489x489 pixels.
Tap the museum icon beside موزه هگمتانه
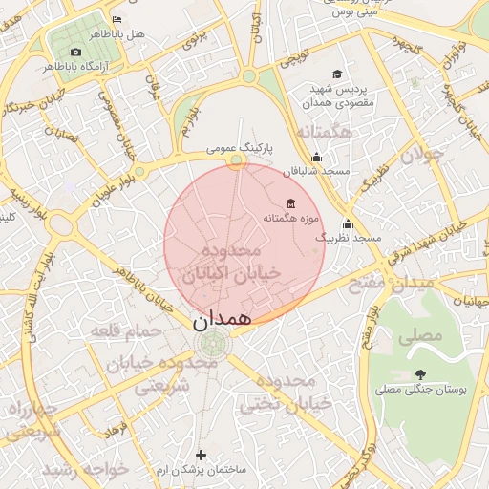(290, 204)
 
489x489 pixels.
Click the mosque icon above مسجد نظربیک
(348, 224)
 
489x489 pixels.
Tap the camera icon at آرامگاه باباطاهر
(76, 52)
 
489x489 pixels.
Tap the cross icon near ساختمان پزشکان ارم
(201, 455)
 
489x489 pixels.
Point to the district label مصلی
(424, 335)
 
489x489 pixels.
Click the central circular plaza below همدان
(210, 345)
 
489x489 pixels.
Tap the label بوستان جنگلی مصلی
(418, 390)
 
